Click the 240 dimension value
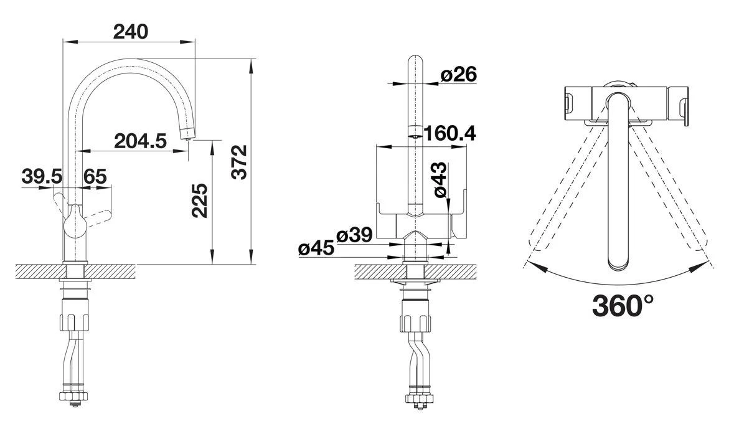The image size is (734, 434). [131, 31]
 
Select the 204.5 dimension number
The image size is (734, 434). [141, 141]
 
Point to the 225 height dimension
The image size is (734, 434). [200, 200]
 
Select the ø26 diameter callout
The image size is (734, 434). [458, 74]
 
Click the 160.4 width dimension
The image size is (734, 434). [450, 134]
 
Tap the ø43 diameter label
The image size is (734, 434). [441, 180]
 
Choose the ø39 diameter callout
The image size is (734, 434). [354, 235]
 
